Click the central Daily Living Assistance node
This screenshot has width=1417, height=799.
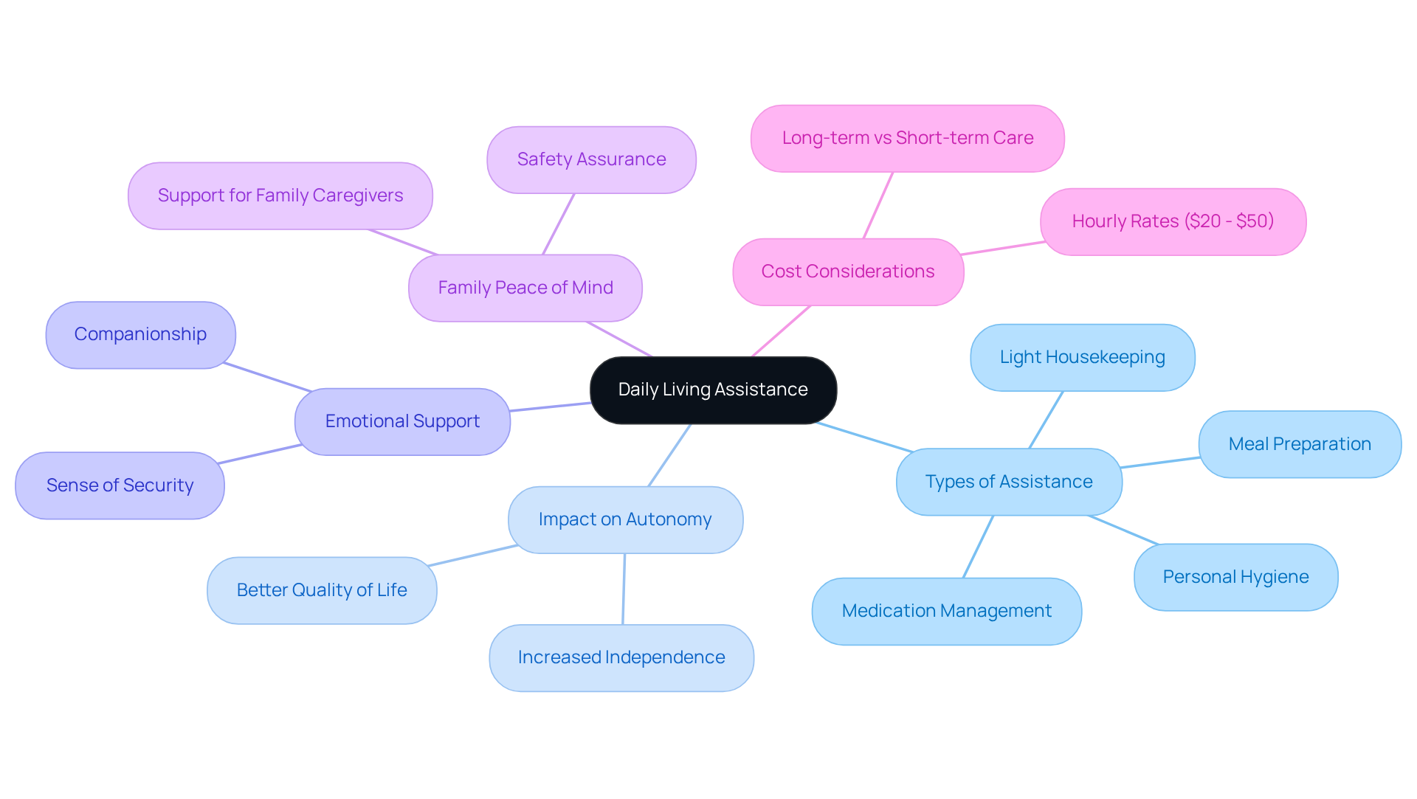coord(713,390)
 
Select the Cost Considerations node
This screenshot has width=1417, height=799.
coord(848,271)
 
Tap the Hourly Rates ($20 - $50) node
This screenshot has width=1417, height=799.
coord(1173,221)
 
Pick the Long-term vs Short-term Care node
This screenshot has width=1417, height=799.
coord(907,138)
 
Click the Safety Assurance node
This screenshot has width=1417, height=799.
coord(591,159)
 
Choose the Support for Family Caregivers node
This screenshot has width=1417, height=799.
coord(280,196)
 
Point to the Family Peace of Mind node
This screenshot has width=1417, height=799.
coord(525,288)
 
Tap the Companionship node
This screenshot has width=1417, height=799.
coord(140,334)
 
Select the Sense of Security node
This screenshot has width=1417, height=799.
coord(120,485)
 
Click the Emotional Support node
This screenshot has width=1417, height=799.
coord(402,421)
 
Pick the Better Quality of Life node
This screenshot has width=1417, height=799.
coord(322,590)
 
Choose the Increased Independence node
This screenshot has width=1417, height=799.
coord(621,657)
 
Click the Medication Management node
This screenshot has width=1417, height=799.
coord(946,611)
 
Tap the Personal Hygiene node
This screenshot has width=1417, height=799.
coord(1235,577)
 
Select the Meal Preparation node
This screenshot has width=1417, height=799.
coord(1300,444)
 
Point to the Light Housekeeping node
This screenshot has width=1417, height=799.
coord(1082,357)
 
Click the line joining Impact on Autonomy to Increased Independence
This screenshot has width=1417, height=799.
coord(624,589)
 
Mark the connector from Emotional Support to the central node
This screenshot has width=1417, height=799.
coord(550,407)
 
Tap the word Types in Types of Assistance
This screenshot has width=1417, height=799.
coord(949,482)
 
